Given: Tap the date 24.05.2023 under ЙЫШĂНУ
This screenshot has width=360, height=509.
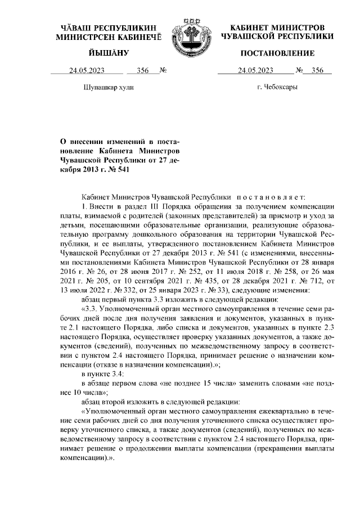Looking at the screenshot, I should tap(87, 71).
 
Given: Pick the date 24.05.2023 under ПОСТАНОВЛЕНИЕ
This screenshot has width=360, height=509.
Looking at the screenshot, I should tap(256, 71).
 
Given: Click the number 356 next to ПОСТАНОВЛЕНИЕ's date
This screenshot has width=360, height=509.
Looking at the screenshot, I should tap(318, 71).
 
